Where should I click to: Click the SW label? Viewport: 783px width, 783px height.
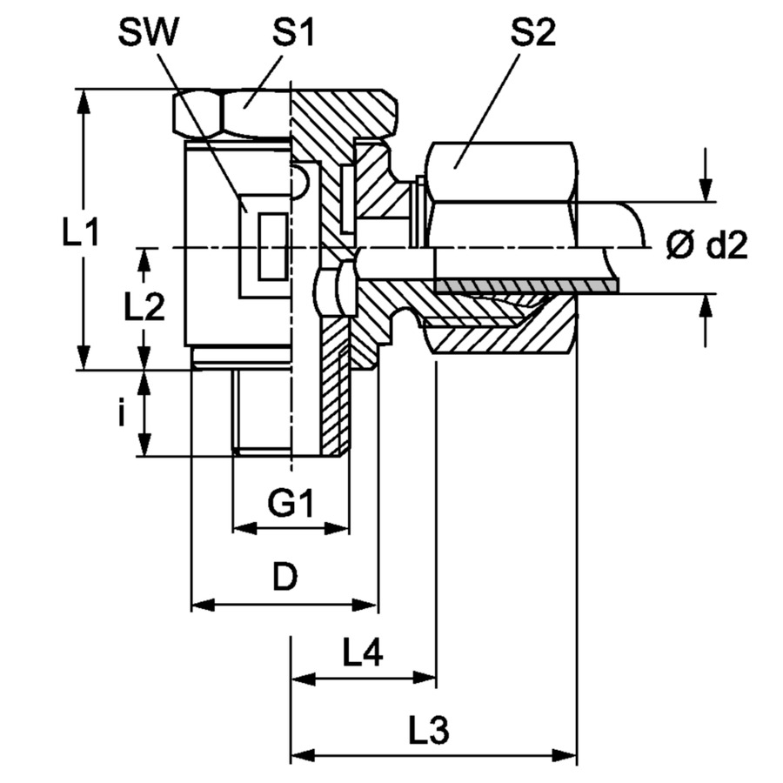(x=148, y=33)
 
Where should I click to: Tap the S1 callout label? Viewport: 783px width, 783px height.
(x=294, y=33)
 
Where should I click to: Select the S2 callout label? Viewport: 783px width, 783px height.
(x=532, y=33)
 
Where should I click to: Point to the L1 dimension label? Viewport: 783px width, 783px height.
(x=80, y=231)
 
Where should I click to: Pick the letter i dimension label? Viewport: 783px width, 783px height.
(x=121, y=413)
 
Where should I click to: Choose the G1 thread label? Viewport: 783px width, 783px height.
(x=291, y=504)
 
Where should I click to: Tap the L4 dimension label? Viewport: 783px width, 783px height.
(x=363, y=652)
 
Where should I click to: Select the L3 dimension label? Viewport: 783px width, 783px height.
(x=429, y=730)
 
